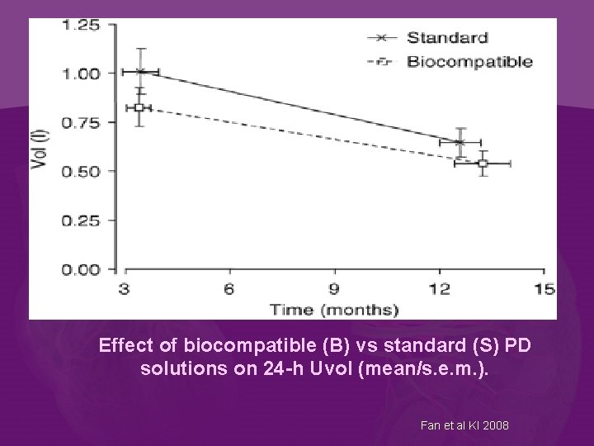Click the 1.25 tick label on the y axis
point(82,25)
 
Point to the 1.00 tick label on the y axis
point(82,74)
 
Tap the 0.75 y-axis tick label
point(82,122)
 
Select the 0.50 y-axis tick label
point(82,171)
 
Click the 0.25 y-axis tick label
point(82,221)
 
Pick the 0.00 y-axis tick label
point(82,269)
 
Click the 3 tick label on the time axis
point(125,288)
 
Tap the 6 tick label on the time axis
point(229,288)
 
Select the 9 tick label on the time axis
point(334,288)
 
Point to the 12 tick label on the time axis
point(439,288)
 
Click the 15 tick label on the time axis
point(544,288)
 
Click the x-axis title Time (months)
point(334,310)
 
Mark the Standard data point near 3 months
point(141,72)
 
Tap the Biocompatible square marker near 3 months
point(139,107)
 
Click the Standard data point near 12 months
point(460,142)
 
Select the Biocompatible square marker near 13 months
point(483,164)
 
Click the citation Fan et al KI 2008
point(464,425)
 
